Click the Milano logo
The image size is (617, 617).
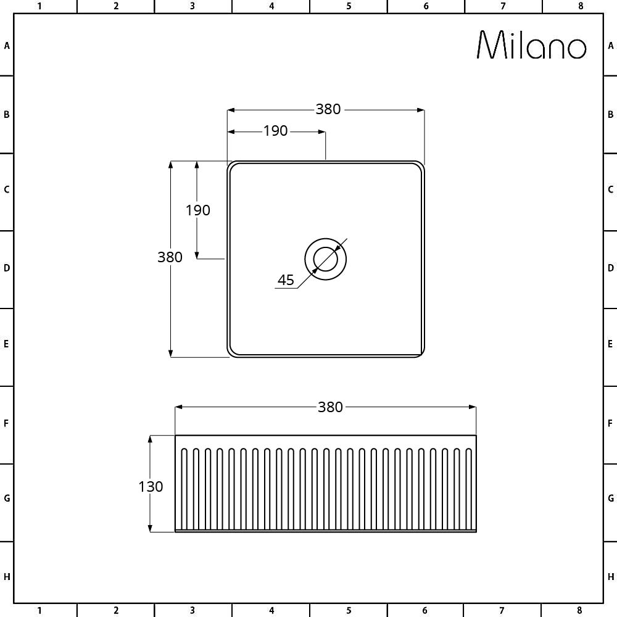click(x=531, y=45)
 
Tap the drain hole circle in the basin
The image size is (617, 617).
click(x=325, y=259)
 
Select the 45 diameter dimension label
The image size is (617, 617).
click(x=286, y=280)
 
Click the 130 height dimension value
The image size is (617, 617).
click(x=151, y=487)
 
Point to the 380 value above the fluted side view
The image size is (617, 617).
click(x=330, y=407)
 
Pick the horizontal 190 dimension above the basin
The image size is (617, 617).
click(x=276, y=131)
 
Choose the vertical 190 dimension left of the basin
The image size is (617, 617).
click(x=198, y=210)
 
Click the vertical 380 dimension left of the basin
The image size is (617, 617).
click(x=170, y=257)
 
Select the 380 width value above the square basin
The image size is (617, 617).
click(x=328, y=109)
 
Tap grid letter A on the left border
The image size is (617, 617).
click(x=7, y=46)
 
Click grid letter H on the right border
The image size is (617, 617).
click(x=610, y=577)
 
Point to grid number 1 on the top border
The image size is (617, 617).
click(x=39, y=6)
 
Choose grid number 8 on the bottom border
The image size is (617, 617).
click(x=580, y=611)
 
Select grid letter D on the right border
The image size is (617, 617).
click(x=610, y=268)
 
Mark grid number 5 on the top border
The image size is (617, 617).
click(x=349, y=6)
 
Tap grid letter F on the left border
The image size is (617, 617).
click(x=7, y=424)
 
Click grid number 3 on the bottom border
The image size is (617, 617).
click(x=192, y=611)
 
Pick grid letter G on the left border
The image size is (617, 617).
click(x=7, y=498)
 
